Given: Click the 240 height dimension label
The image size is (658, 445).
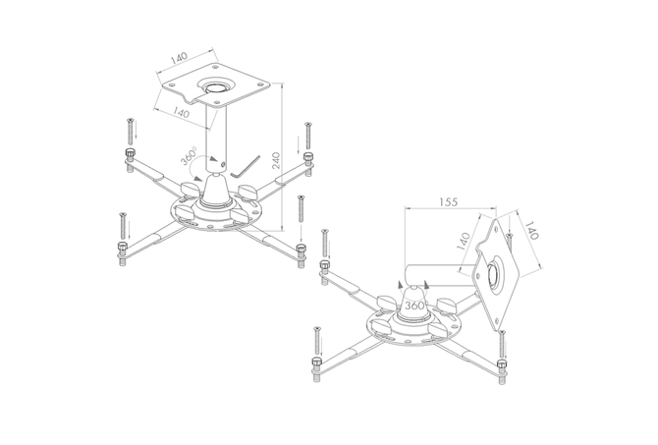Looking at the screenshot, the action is click(276, 160).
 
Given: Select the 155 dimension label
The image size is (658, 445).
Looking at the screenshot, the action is click(448, 202).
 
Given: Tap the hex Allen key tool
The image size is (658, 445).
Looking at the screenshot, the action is click(246, 167).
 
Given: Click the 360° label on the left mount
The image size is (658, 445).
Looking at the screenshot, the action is click(189, 155).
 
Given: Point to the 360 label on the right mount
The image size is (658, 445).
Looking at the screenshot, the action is click(414, 306).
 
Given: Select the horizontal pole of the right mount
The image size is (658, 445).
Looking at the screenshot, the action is click(441, 275).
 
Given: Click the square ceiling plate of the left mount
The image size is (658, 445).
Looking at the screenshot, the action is click(216, 86).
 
